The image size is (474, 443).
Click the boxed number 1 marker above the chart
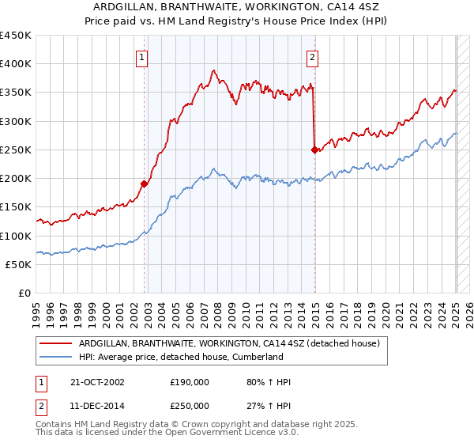point(141,56)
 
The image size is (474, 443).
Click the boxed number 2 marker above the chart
point(313,56)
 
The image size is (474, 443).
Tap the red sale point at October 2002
point(145,184)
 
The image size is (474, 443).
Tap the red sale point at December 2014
point(315,150)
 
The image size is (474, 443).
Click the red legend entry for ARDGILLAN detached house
point(230,343)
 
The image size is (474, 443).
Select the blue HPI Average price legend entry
point(192,357)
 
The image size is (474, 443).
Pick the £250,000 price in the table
point(190,406)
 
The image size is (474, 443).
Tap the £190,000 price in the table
point(190,382)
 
